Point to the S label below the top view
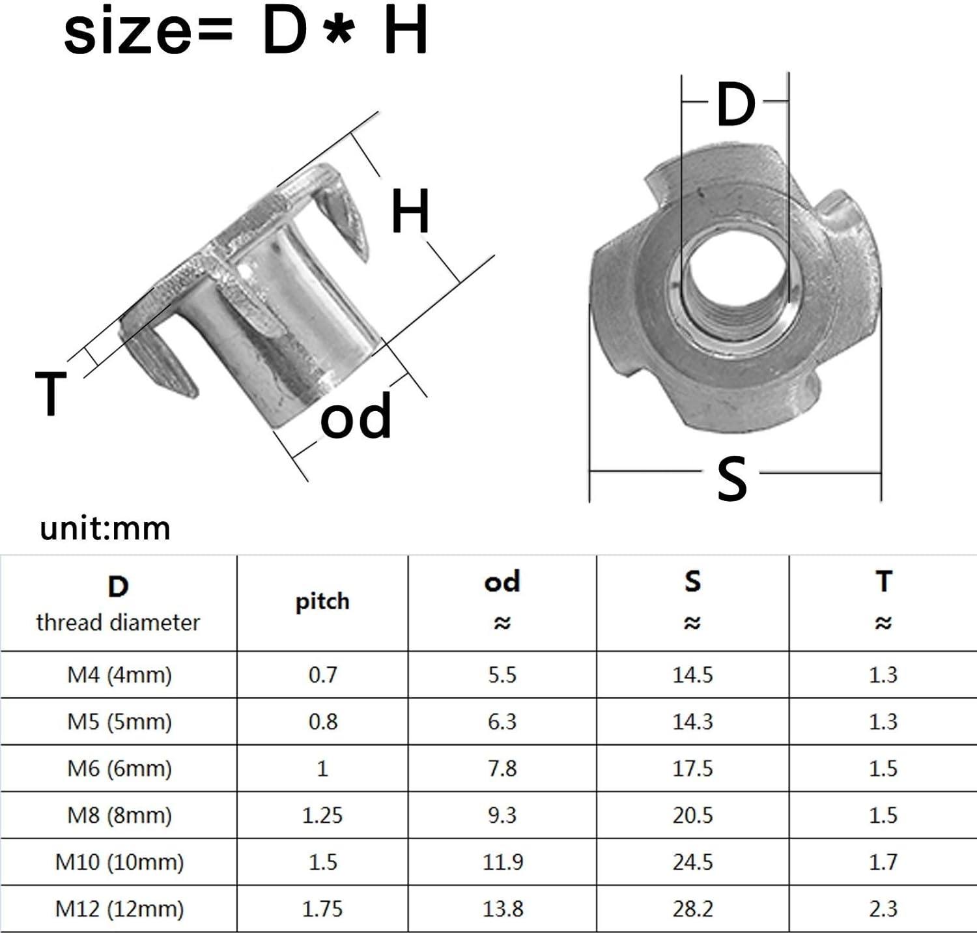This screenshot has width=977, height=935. coord(731,478)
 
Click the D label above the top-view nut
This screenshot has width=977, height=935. coord(735,104)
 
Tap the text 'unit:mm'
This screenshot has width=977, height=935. coord(105,528)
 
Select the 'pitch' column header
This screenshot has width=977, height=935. coord(322,602)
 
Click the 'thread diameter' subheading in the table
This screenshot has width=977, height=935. coord(118,622)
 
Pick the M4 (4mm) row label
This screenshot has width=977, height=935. coord(119,674)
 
